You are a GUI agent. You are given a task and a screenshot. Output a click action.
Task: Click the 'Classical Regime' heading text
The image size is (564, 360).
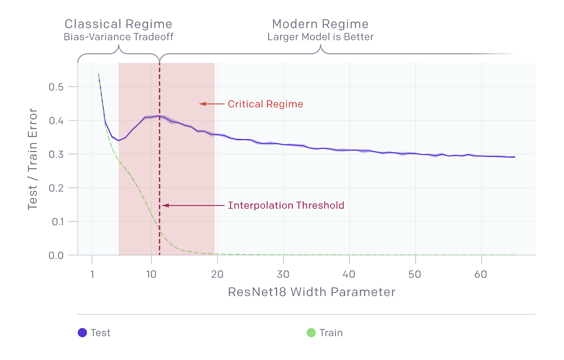click(x=118, y=24)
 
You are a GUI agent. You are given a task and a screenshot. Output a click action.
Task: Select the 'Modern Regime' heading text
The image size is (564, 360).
click(x=320, y=24)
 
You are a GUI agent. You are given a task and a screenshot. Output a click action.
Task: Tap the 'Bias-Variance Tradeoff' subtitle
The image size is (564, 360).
click(x=118, y=37)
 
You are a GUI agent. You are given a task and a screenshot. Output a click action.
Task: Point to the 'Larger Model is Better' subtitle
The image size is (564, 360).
click(x=320, y=37)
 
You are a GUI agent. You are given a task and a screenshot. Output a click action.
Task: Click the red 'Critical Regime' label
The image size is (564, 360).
click(x=265, y=104)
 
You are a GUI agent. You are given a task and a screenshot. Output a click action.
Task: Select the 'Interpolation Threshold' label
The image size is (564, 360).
click(x=286, y=205)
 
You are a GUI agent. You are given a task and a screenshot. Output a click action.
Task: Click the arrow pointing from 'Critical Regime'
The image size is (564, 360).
click(x=211, y=104)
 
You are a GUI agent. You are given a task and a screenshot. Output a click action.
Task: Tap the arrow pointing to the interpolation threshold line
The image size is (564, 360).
click(x=193, y=205)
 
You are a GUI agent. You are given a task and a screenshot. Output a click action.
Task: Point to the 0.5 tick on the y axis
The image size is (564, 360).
click(x=56, y=87)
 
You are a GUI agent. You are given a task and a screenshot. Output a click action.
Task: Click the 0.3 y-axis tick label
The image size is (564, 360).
click(x=56, y=154)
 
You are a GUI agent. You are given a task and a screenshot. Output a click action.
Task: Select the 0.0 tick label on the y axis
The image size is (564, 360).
click(x=56, y=255)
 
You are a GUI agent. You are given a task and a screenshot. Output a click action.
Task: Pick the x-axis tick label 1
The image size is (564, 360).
click(x=92, y=275)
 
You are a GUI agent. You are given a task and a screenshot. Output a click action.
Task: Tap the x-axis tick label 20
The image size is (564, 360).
click(x=217, y=275)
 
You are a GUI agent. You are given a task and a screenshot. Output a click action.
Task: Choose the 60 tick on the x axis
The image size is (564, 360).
click(x=481, y=275)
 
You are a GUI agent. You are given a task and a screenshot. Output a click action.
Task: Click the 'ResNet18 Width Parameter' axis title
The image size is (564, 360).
click(x=311, y=292)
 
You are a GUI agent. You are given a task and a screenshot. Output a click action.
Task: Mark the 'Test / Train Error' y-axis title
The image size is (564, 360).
click(x=32, y=159)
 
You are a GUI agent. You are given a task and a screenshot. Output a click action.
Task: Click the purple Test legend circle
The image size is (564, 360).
click(x=82, y=333)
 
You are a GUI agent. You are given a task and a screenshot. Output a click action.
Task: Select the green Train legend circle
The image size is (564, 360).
click(x=311, y=333)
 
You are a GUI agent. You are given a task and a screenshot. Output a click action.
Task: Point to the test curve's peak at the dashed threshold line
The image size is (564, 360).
click(x=160, y=116)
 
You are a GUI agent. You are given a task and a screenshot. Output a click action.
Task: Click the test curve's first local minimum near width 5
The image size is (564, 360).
click(x=118, y=140)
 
